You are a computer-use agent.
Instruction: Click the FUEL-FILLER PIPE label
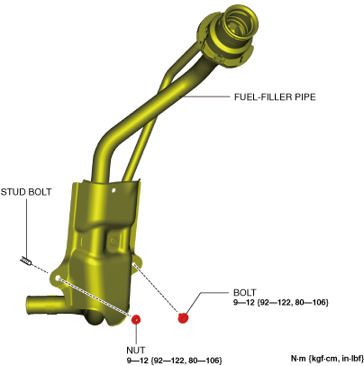coord(275,97)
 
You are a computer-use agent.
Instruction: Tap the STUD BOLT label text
coord(26,192)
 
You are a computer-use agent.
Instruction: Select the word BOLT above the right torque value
coord(245,293)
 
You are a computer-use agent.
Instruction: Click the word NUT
coord(136,351)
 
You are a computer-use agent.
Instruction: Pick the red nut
coord(136,319)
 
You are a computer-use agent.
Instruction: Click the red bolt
coord(183,317)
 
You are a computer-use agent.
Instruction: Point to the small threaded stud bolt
coord(26,261)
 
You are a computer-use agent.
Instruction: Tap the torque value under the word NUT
coord(174,360)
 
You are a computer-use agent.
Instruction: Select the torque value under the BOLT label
coord(281,302)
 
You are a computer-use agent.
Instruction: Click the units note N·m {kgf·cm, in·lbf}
coord(327,359)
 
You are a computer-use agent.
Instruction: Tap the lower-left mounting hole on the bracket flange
coord(58,277)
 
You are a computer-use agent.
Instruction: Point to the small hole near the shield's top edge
coord(114,190)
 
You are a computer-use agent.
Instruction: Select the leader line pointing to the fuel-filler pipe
coord(206,96)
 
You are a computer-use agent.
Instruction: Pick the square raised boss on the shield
coord(113,241)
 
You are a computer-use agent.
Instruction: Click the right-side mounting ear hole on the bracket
coord(133,264)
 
